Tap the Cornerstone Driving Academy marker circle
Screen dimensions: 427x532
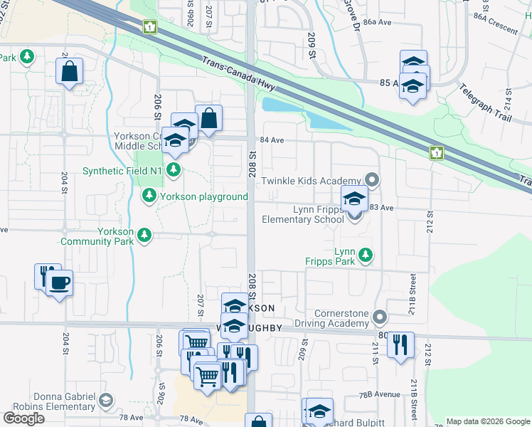(380, 316)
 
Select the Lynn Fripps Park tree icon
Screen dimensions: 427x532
(366, 254)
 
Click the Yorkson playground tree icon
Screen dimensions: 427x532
(149, 195)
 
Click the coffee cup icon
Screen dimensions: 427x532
(59, 283)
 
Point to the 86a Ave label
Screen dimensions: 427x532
(378, 22)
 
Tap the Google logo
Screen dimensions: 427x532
(23, 418)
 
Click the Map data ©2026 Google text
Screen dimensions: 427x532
(487, 421)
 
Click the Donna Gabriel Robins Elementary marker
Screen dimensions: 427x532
(105, 401)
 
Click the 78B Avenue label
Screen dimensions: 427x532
(379, 393)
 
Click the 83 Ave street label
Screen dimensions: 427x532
(381, 207)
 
